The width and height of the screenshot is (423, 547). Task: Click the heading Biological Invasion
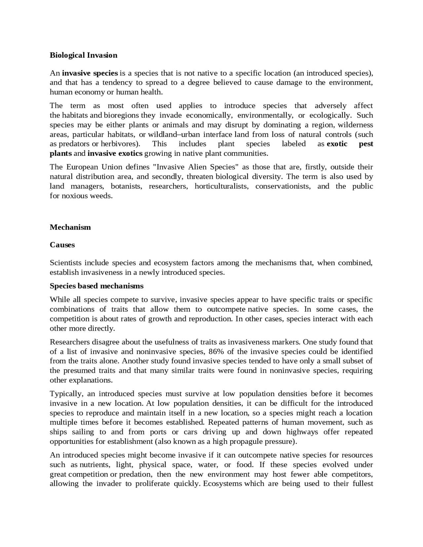83,55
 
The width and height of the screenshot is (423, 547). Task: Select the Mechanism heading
70,227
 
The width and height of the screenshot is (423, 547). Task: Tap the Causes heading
62,245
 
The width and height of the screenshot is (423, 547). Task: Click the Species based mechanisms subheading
96,286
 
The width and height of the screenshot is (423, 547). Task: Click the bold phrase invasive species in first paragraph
90,73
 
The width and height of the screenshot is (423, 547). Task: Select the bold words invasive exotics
115,153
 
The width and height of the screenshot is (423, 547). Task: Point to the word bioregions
122,115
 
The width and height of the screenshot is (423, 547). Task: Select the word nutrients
95,465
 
